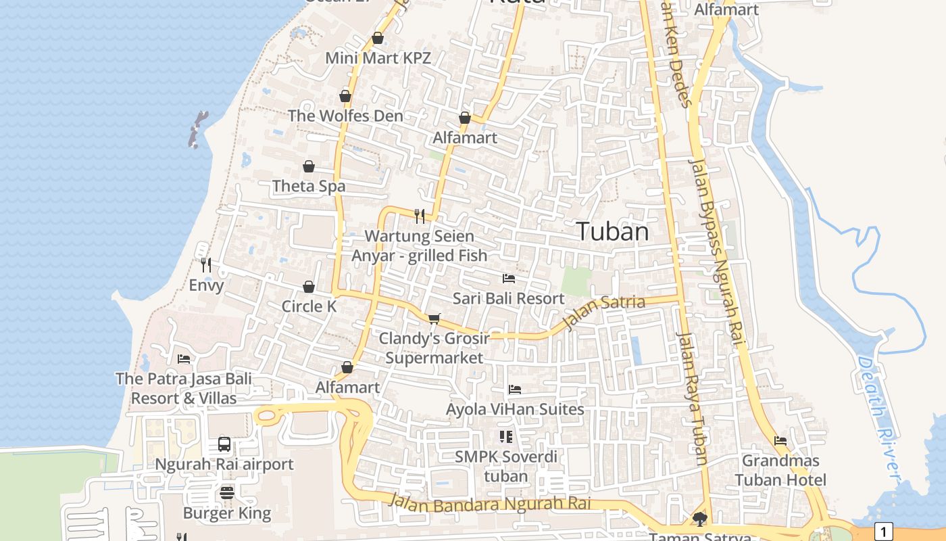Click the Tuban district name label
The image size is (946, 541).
[x=612, y=232]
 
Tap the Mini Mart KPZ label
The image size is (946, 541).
[x=378, y=58]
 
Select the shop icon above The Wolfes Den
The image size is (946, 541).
[x=345, y=96]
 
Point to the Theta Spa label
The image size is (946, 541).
[x=309, y=186]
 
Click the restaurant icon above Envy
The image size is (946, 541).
[x=206, y=264]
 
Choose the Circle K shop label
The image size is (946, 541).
[x=309, y=306]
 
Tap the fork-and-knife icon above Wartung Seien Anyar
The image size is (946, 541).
[x=420, y=216]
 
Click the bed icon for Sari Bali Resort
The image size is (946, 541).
[x=509, y=279]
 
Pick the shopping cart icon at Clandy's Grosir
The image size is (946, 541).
[x=434, y=319]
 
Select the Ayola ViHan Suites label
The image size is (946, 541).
[x=515, y=409]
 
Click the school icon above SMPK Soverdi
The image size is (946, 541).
[x=505, y=437]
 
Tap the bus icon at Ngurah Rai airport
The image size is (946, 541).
[x=224, y=444]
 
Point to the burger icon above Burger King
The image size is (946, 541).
[x=227, y=493]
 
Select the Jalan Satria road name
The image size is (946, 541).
[x=603, y=312]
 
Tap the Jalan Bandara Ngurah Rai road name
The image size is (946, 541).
[x=490, y=503]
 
